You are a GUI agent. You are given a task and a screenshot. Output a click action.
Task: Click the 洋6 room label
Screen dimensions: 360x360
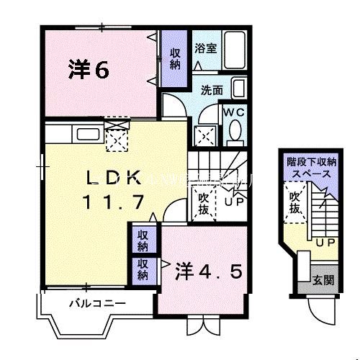[x=88, y=69]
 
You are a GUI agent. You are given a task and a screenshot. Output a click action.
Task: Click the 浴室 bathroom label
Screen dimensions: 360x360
[x=205, y=48]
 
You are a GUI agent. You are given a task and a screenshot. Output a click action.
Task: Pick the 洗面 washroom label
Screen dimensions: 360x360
[x=211, y=91]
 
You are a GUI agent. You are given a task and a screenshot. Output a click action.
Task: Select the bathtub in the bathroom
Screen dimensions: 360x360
[x=235, y=48]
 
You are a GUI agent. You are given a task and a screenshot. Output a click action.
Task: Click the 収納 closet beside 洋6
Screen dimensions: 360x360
[x=175, y=58]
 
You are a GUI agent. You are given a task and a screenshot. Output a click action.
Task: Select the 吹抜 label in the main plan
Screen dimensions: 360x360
[x=204, y=202]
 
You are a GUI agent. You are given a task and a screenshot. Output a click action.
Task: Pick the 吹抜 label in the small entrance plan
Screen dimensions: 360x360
[x=294, y=202]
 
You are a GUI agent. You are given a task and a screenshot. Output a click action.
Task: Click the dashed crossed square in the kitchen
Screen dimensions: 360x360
[x=115, y=136]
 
